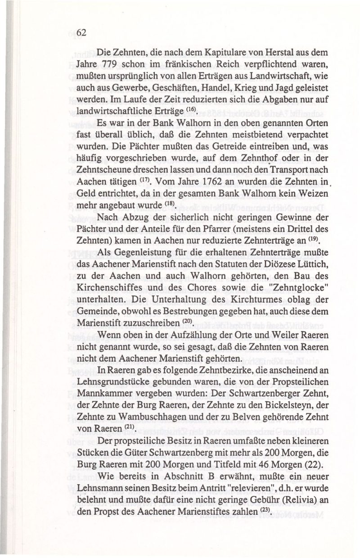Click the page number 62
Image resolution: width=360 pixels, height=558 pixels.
pyautogui.click(x=81, y=32)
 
